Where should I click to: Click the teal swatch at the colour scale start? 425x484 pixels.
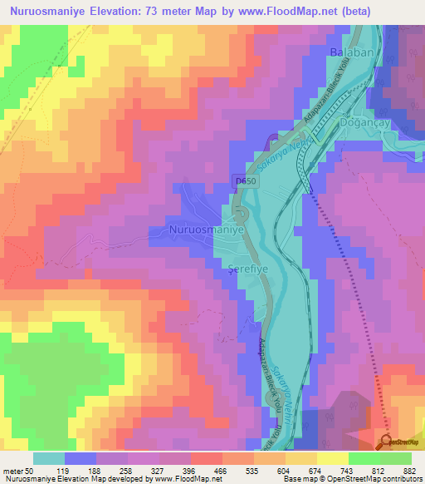pos(49,458)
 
